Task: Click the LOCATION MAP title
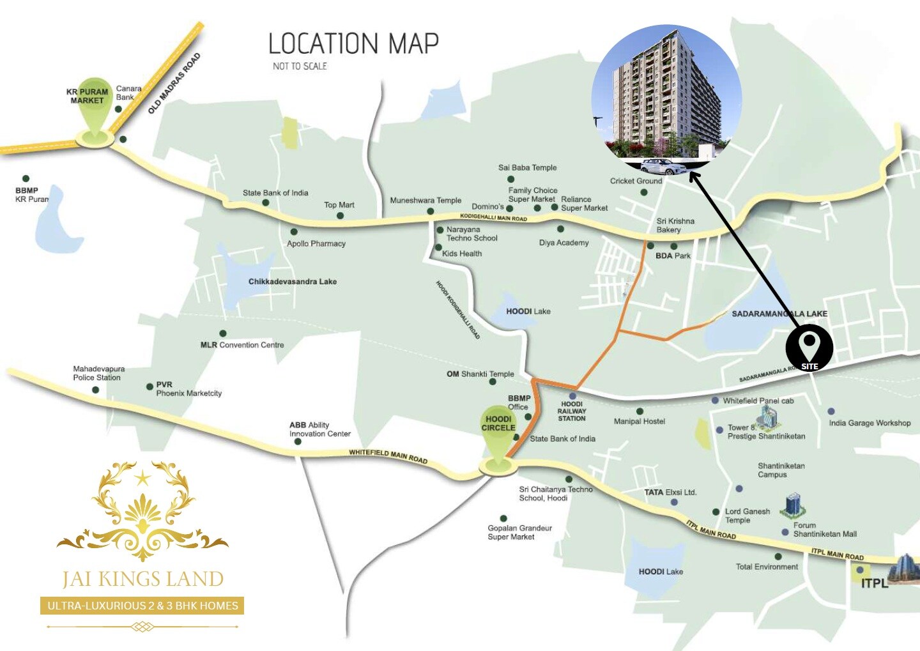[x=353, y=44]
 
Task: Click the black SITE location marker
[x=809, y=348]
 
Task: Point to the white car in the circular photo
[x=663, y=167]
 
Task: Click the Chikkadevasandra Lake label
[x=292, y=282]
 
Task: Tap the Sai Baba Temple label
[x=527, y=168]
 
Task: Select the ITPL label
[x=874, y=583]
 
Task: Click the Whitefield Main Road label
[x=388, y=456]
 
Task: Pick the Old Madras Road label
[x=174, y=84]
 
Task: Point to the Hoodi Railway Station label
[x=571, y=411]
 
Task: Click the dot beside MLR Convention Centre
[x=222, y=333]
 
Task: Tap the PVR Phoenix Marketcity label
[x=188, y=389]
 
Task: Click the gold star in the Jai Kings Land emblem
[x=142, y=477]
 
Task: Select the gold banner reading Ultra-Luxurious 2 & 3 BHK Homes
[x=142, y=606]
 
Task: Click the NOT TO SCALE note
[x=300, y=66]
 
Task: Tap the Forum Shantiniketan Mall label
[x=824, y=530]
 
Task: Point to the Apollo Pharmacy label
[x=316, y=244]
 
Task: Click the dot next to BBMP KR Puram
[x=26, y=179]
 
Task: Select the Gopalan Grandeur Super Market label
[x=519, y=533]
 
